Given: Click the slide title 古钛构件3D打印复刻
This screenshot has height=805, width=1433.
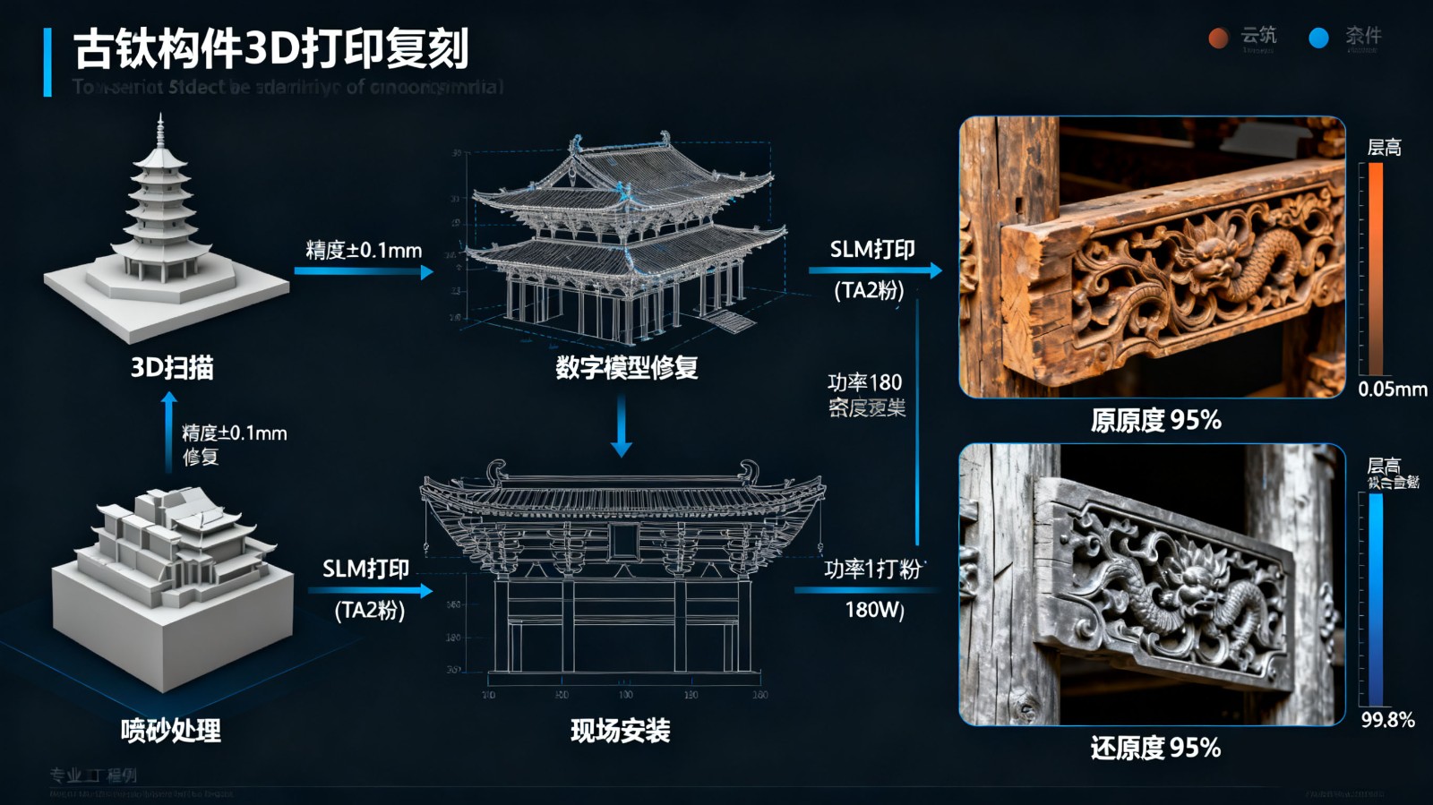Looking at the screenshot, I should [x=270, y=49].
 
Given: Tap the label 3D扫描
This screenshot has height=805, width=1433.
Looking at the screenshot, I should [x=172, y=367].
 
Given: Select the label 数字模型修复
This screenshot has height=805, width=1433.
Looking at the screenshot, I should [x=626, y=367].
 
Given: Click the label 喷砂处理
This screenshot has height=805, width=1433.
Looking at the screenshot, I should [x=170, y=731].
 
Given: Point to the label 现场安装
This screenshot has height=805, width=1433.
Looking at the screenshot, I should [x=620, y=731].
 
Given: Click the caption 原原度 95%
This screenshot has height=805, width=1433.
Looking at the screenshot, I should [x=1155, y=420].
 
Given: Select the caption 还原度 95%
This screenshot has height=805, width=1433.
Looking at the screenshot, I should [x=1155, y=748].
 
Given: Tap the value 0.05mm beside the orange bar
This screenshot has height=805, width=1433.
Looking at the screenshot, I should [x=1392, y=390].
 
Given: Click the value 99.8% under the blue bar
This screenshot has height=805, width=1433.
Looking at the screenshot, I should [x=1387, y=721].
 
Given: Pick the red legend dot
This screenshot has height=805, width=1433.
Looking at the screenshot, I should [x=1218, y=38].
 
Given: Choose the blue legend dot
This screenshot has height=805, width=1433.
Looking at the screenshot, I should [x=1318, y=38].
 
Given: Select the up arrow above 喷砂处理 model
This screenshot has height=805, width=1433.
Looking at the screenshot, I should [x=168, y=430].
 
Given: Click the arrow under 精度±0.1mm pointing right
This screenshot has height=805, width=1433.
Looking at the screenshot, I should [x=363, y=270].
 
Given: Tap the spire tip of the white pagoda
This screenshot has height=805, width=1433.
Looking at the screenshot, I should [x=160, y=117].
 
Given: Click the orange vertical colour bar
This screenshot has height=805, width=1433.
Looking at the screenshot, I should [x=1376, y=267].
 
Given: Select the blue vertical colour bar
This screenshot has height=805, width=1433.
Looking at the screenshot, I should [x=1376, y=598].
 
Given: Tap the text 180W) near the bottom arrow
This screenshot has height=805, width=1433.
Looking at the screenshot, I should [x=874, y=611].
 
